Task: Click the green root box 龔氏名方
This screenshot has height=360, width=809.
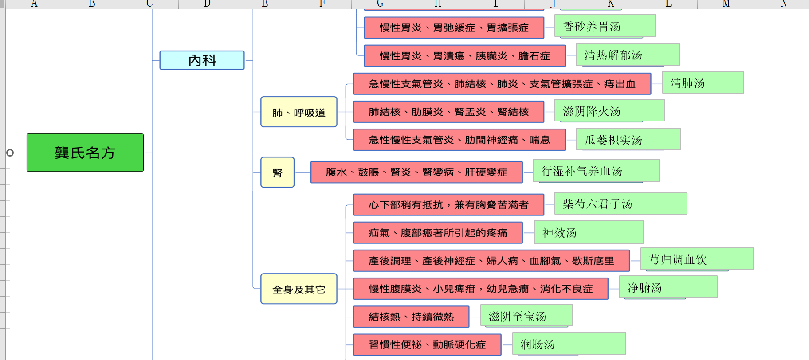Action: [x=85, y=153]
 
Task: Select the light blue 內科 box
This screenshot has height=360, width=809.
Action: [x=202, y=60]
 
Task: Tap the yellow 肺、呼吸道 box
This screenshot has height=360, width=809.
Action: [x=299, y=112]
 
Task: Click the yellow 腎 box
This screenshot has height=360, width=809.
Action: [x=278, y=172]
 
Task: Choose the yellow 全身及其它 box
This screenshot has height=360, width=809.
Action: [x=299, y=289]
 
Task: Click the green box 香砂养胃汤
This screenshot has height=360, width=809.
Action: [x=605, y=26]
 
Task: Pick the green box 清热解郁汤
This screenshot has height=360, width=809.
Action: [x=628, y=55]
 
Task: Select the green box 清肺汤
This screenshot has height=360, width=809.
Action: [x=703, y=82]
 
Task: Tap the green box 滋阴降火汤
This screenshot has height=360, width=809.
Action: [x=609, y=110]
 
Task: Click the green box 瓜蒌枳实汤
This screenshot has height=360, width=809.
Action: [x=628, y=139]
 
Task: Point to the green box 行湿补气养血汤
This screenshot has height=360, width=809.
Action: [x=596, y=171]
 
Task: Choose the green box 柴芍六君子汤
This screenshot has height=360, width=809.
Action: [x=621, y=203]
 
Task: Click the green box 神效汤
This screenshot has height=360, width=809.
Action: [x=589, y=232]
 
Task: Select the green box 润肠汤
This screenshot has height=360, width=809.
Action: [x=569, y=344]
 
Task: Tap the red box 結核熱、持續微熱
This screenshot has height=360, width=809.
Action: [x=411, y=317]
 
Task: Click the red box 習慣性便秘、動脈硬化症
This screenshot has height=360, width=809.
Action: [x=427, y=344]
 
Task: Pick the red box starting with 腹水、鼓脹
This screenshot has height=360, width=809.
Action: [x=416, y=172]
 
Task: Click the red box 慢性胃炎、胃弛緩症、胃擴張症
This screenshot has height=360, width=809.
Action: [x=454, y=27]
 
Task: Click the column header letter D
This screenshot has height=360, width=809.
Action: [x=207, y=4]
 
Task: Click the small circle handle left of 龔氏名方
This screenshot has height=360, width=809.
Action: [x=10, y=153]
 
